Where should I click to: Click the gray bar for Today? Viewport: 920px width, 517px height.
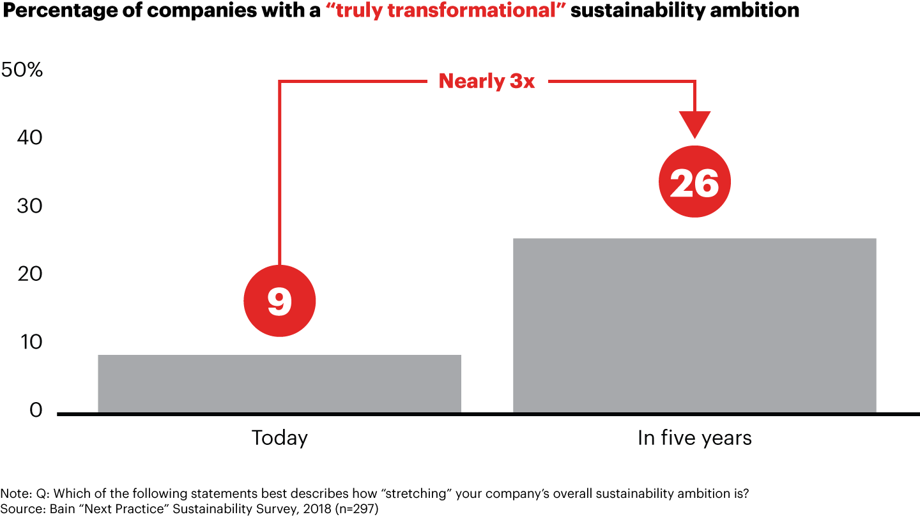pyautogui.click(x=279, y=384)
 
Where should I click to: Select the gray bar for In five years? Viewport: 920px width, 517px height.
pyautogui.click(x=694, y=326)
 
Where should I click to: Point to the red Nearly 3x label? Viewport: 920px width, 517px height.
pyautogui.click(x=486, y=82)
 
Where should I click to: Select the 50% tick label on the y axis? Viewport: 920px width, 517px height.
pyautogui.click(x=22, y=70)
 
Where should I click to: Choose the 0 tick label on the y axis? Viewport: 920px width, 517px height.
pyautogui.click(x=36, y=410)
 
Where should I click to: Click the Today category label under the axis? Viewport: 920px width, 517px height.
pyautogui.click(x=279, y=438)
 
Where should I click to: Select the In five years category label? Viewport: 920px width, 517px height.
pyautogui.click(x=694, y=438)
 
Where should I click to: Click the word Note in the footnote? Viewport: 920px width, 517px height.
pyautogui.click(x=11, y=493)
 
